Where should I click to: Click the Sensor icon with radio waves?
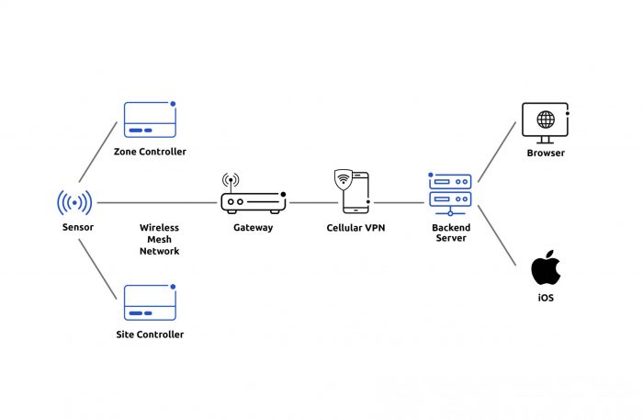pyautogui.click(x=74, y=202)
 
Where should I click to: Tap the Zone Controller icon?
pyautogui.click(x=150, y=119)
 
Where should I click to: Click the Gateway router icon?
pyautogui.click(x=253, y=196)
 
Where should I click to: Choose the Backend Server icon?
pyautogui.click(x=449, y=193)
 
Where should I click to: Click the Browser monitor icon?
pyautogui.click(x=546, y=122)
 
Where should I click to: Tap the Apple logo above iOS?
pyautogui.click(x=545, y=267)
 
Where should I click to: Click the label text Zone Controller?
pyautogui.click(x=150, y=152)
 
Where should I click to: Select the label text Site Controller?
pyautogui.click(x=150, y=335)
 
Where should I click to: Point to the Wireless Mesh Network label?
pyautogui.click(x=159, y=239)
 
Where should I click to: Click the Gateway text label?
pyautogui.click(x=253, y=227)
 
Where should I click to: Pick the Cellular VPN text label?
pyautogui.click(x=355, y=227)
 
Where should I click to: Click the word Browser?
pyautogui.click(x=546, y=153)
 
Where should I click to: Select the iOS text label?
pyautogui.click(x=546, y=299)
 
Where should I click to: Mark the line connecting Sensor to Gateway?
pyautogui.click(x=156, y=202)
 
